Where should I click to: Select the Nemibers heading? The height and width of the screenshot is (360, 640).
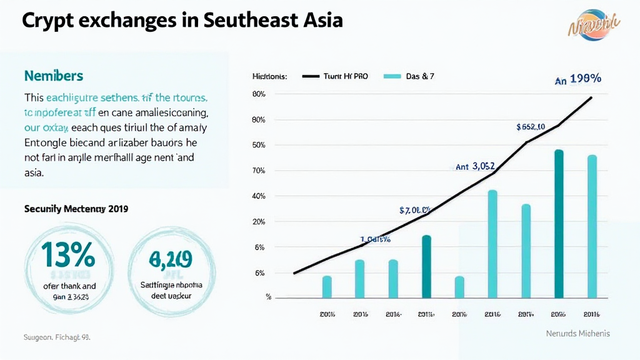pos(54,76)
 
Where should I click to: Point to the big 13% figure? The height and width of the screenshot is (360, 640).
pos(68,254)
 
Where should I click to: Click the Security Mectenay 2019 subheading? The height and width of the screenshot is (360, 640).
pos(76,209)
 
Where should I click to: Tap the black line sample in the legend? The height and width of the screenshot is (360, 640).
pos(311,76)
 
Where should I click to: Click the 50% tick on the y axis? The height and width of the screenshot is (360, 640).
pos(259,145)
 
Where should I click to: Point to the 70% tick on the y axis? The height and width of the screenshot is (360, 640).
pos(259,171)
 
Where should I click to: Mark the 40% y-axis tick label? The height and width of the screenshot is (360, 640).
pos(259,196)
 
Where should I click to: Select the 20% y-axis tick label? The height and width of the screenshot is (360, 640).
pos(259,222)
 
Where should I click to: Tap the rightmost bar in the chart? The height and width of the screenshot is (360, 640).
pos(592,226)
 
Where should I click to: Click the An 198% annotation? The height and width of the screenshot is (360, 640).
pos(578,79)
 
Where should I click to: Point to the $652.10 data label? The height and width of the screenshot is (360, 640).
pos(531,127)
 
